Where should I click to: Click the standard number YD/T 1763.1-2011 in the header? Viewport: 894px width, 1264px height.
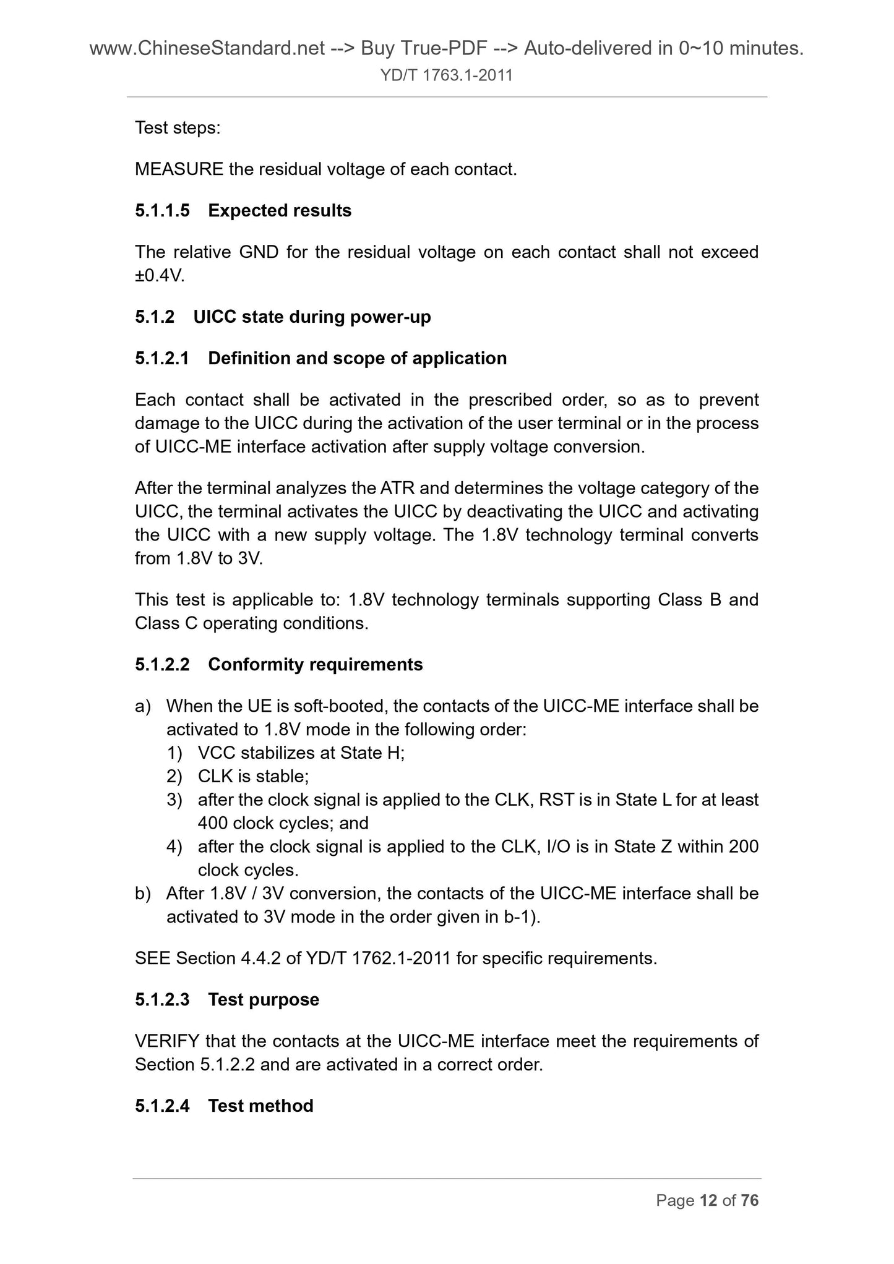click(447, 75)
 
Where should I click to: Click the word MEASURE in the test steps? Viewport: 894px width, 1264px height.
click(179, 169)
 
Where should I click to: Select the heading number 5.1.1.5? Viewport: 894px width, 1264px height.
click(162, 211)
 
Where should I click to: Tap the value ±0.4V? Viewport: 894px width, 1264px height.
click(160, 276)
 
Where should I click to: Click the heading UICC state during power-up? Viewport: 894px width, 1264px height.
click(312, 317)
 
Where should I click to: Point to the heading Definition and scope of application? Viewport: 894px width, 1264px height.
click(357, 359)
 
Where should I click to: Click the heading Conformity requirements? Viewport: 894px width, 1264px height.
click(315, 665)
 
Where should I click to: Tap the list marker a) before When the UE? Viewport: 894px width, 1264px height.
click(143, 706)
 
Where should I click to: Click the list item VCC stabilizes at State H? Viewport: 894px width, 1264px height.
click(301, 753)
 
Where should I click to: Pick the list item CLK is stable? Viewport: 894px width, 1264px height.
click(253, 777)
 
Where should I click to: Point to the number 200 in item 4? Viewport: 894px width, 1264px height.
click(744, 847)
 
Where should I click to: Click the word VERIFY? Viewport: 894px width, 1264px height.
click(167, 1041)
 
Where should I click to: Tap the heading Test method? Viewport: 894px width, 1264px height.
click(260, 1106)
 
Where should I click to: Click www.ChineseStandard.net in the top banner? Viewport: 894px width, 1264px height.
click(207, 48)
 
